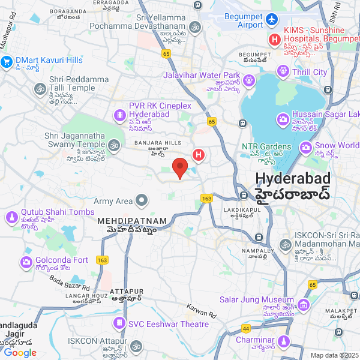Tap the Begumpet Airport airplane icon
tap(272, 20)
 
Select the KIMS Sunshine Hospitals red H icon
tap(275, 40)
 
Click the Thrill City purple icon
tap(283, 72)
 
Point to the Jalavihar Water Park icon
tap(250, 80)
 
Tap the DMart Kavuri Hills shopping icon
tap(7, 61)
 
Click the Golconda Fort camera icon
tap(26, 262)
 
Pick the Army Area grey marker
tap(142, 200)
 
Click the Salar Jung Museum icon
tap(304, 305)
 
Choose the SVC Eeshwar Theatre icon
tap(120, 324)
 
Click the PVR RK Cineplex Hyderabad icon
tap(120, 114)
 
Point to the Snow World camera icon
tap(305, 146)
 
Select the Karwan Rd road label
tap(201, 310)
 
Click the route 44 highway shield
tap(246, 329)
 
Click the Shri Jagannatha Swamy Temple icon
tap(114, 145)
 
